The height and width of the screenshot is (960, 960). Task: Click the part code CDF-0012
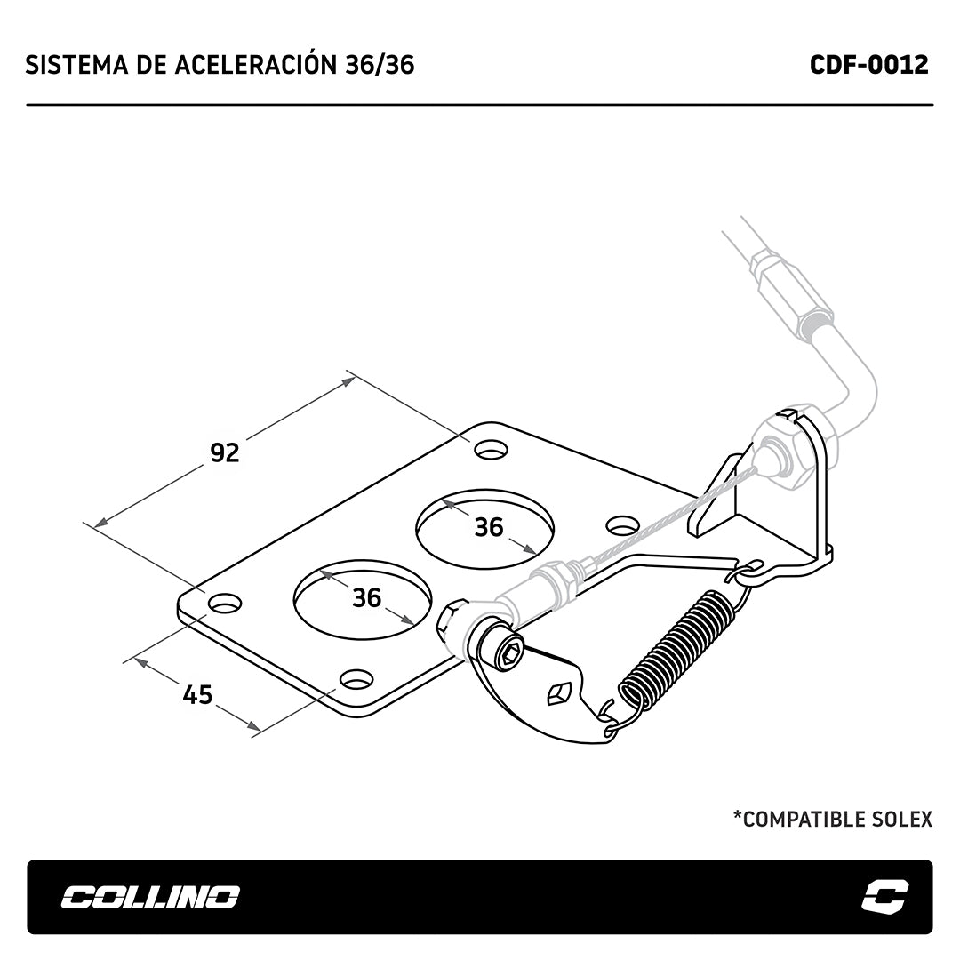[x=868, y=64]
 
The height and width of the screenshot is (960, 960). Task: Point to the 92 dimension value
[x=225, y=452]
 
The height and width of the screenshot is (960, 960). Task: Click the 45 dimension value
[x=197, y=695]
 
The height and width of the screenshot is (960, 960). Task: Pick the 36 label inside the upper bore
[x=489, y=527]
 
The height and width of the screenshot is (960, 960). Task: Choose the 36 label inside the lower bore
[x=367, y=597]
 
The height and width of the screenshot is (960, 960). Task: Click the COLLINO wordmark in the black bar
[x=150, y=898]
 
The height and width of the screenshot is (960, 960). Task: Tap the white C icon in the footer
[x=884, y=896]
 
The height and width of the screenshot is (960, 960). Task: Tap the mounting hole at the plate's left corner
[x=225, y=604]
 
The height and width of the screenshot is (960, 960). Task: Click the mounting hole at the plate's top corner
[x=492, y=450]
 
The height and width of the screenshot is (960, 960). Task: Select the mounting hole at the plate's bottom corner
[x=357, y=678]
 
